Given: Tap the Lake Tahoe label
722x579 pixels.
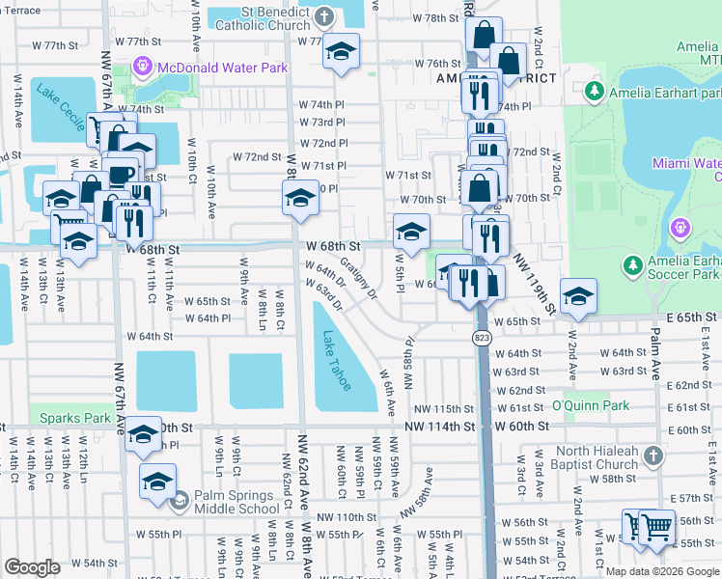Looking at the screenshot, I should click(338, 361).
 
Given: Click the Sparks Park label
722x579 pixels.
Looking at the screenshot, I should click(75, 418).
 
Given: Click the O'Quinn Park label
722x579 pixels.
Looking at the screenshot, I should click(591, 405).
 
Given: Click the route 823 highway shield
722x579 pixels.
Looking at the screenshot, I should click(482, 338).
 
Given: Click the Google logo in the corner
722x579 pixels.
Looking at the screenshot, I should click(32, 566).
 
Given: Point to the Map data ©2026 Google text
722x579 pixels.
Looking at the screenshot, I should click(661, 570).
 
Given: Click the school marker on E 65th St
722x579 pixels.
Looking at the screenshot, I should click(577, 295).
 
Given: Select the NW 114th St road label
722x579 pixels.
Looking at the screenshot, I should click(441, 426).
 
